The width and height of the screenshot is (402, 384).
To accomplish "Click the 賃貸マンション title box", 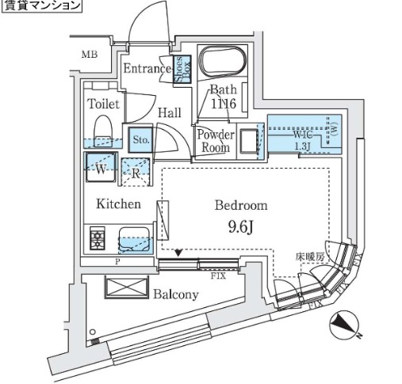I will pyautogui.click(x=41, y=6).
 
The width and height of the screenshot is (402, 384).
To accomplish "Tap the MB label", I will pyautogui.click(x=92, y=54).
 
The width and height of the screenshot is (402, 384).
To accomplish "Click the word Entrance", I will pyautogui.click(x=147, y=70).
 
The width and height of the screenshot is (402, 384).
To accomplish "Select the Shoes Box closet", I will pyautogui.click(x=181, y=70).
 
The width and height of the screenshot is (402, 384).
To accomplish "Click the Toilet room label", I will pyautogui.click(x=102, y=105).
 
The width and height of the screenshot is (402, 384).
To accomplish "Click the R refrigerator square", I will pyautogui.click(x=136, y=169).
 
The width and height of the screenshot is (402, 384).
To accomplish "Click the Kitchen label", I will pyautogui.click(x=119, y=204).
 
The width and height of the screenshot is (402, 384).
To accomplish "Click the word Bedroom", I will pyautogui.click(x=241, y=205).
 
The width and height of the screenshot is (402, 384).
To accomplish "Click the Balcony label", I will pyautogui.click(x=175, y=294).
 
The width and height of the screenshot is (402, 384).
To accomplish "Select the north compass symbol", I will pyautogui.click(x=343, y=325).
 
